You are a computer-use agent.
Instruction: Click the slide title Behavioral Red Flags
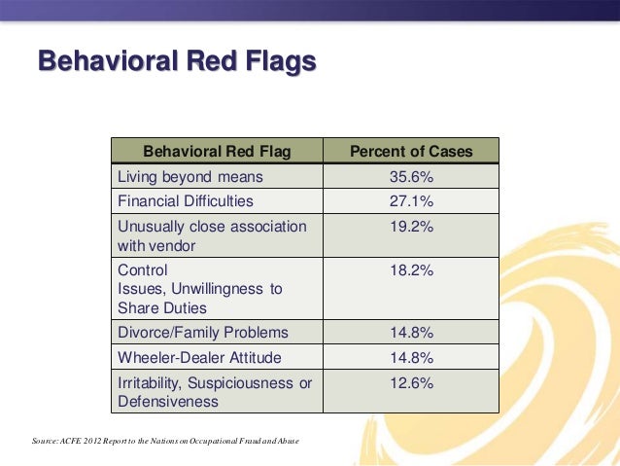point(177,62)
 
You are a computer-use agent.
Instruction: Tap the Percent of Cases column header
point(411,151)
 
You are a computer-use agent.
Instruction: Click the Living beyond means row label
point(189,177)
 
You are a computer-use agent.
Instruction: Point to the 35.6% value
point(411,177)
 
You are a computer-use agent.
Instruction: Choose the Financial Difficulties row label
point(185,201)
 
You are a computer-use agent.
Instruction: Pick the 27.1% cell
point(411,201)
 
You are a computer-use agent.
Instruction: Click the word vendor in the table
point(173,246)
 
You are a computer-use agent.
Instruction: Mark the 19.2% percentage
point(411,227)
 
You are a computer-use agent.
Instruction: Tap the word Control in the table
point(142,269)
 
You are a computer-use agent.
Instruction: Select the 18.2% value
point(411,269)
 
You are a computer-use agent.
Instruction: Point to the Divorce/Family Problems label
point(202,333)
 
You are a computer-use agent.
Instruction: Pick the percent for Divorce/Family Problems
point(411,333)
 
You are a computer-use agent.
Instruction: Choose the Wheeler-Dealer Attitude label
point(198,357)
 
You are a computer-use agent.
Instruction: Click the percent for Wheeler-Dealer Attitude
point(411,357)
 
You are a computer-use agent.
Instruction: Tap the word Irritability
point(155,382)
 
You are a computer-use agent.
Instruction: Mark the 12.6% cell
point(411,382)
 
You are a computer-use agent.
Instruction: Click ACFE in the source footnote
point(73,442)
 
